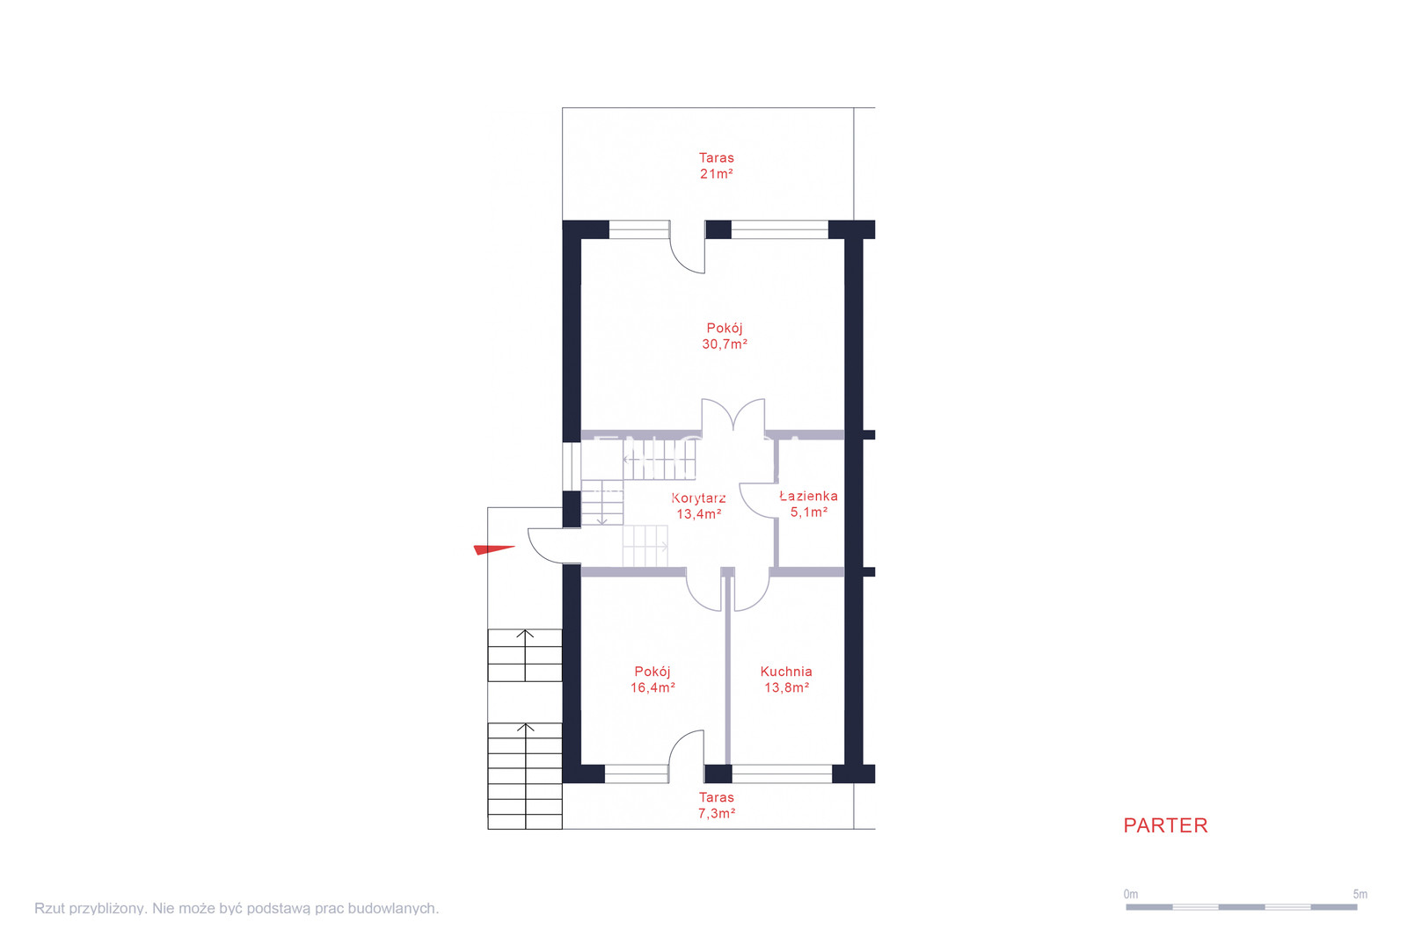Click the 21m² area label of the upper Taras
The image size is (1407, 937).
point(717,174)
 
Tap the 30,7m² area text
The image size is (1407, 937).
point(725,345)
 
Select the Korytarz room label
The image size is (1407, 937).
point(698,498)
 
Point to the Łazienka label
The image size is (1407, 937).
point(808,496)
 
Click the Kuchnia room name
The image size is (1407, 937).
point(786,672)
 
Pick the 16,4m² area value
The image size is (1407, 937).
point(653,687)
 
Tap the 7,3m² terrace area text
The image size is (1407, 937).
point(717,813)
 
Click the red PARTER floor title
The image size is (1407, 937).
point(1165,826)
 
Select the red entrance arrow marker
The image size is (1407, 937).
point(493,550)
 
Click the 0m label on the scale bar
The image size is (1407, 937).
point(1131,894)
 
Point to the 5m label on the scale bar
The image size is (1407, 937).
point(1360,894)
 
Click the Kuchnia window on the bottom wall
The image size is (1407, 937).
point(782,774)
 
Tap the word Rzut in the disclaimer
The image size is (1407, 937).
point(48,908)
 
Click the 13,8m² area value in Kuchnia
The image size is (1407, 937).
point(786,687)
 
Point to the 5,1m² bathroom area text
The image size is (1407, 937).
point(808,512)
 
